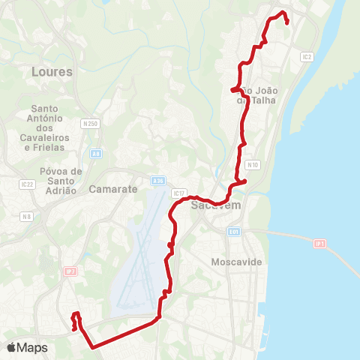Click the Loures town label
click(x=52, y=72)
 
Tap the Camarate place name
click(x=113, y=189)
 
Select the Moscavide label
click(x=235, y=262)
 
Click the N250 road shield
click(x=91, y=123)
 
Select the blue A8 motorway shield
click(x=96, y=153)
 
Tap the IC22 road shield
click(x=28, y=184)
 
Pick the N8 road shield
click(x=27, y=217)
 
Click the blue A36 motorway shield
click(x=157, y=181)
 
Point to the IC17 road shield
click(x=178, y=193)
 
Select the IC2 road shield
click(x=306, y=56)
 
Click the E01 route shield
click(x=234, y=232)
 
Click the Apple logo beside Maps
click(x=11, y=347)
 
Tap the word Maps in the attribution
click(x=32, y=348)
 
